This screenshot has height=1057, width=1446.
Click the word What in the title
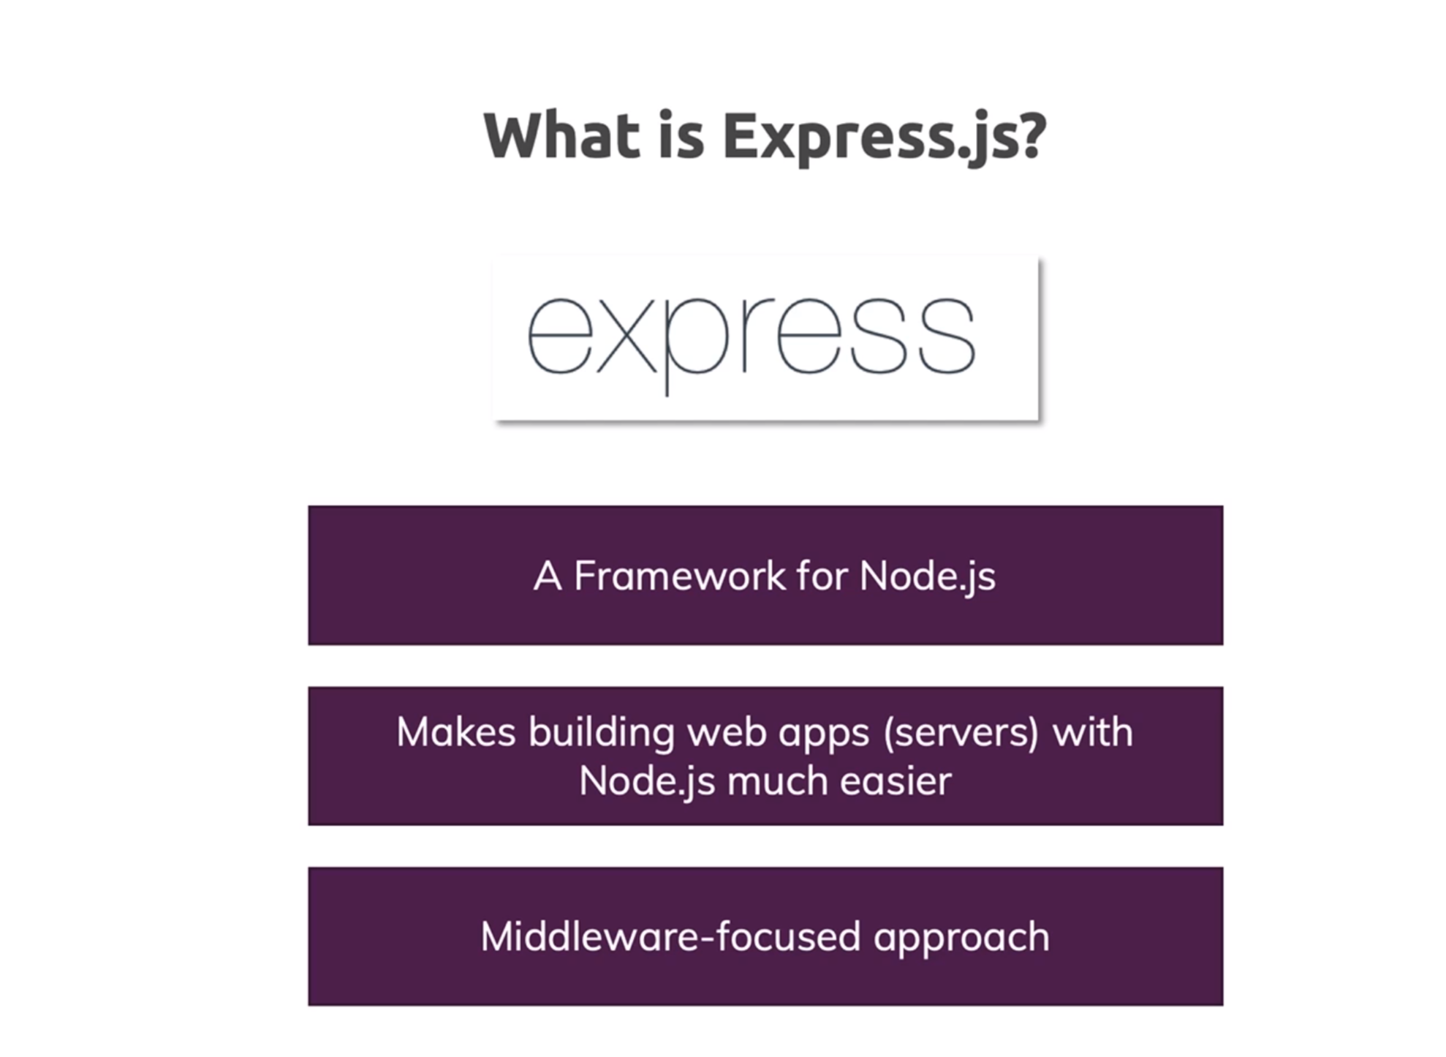(561, 135)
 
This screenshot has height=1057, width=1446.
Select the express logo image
(765, 339)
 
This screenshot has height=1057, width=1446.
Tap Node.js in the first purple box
(927, 577)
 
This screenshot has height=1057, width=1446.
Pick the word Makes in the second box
(456, 731)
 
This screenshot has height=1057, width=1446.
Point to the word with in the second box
(1093, 731)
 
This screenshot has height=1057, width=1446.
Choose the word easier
(896, 780)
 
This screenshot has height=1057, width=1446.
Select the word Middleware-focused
(670, 936)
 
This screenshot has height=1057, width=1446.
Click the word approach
(961, 939)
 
